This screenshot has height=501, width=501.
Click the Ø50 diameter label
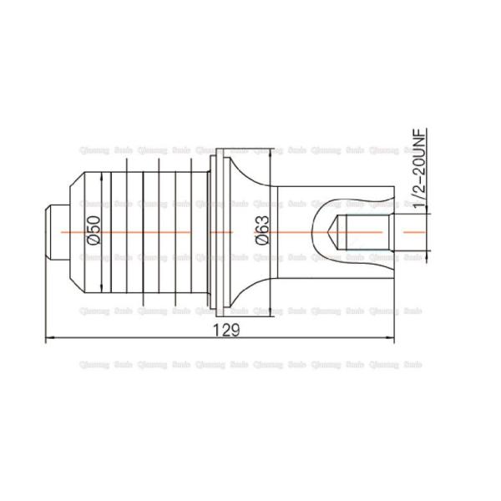click(x=94, y=229)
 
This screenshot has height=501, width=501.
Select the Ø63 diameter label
click(x=261, y=229)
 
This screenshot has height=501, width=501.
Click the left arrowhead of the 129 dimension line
click(x=48, y=339)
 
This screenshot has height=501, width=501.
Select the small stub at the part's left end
click(x=52, y=230)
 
